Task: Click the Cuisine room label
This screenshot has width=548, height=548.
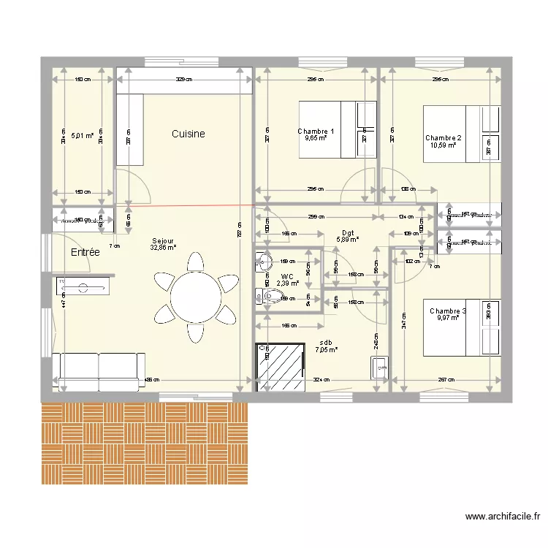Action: [x=188, y=134]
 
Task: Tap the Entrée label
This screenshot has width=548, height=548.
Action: [x=85, y=252]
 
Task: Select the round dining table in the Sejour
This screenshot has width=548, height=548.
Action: [x=195, y=297]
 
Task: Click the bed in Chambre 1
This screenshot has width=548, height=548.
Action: [x=337, y=129]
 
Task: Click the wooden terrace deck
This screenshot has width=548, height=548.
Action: [x=145, y=443]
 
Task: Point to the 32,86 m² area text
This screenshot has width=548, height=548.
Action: [x=163, y=248]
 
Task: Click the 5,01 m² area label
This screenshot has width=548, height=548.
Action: [x=82, y=135]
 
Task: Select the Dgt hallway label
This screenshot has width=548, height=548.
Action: [x=348, y=232]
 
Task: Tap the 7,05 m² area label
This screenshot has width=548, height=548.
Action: [x=326, y=350]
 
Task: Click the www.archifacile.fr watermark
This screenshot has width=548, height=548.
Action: [x=502, y=517]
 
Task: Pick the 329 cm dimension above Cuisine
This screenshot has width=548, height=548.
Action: [x=184, y=80]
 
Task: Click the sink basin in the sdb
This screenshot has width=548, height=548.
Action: [x=379, y=367]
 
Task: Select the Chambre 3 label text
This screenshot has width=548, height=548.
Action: [x=447, y=311]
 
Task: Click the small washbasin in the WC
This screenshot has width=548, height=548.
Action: [x=264, y=261]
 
